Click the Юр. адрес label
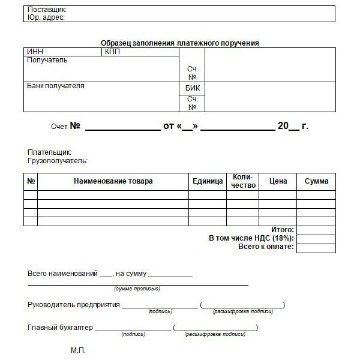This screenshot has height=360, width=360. (46, 18)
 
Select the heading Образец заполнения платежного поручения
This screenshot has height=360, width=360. (179, 43)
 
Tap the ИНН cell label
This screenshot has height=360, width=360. (35, 52)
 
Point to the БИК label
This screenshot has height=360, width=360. (193, 88)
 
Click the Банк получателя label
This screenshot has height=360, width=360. (56, 86)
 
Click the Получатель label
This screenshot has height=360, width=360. (47, 60)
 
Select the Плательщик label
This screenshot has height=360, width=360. (50, 152)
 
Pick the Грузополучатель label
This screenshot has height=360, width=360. (58, 161)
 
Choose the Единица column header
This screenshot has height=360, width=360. (208, 181)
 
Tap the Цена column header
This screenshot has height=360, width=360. (278, 181)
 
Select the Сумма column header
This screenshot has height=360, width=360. (316, 181)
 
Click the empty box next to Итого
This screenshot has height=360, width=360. (316, 230)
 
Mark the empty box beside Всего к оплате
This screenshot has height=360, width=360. (316, 248)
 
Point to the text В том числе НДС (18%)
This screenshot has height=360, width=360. (251, 238)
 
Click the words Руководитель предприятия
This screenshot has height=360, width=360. (74, 305)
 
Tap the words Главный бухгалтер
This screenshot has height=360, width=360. (61, 328)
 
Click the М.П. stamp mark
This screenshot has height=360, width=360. (79, 350)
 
